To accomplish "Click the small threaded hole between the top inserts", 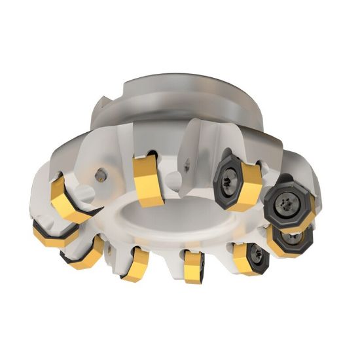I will [189, 168].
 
